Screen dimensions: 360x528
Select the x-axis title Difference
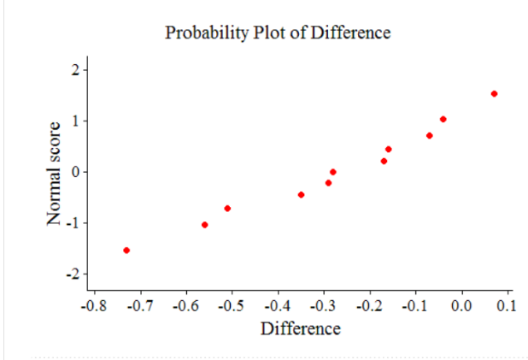pos(300,328)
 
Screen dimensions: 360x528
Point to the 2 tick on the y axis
pos(74,69)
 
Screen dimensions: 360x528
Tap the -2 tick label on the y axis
pos(73,274)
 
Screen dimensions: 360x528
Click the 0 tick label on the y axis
pos(75,172)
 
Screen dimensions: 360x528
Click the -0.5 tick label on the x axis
pos(230,304)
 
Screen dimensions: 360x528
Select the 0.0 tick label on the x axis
pos(461,304)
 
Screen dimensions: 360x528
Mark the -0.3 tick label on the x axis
pos(322,304)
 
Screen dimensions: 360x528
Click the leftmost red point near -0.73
pos(126,251)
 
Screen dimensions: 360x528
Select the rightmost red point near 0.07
pos(494,94)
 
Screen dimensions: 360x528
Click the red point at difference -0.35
pos(301,195)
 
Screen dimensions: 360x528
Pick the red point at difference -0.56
pos(204,225)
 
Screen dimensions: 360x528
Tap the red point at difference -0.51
pos(227,209)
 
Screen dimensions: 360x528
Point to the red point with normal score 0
pos(332,172)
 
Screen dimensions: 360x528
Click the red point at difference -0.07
pos(429,135)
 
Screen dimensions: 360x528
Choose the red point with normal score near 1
pos(443,120)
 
